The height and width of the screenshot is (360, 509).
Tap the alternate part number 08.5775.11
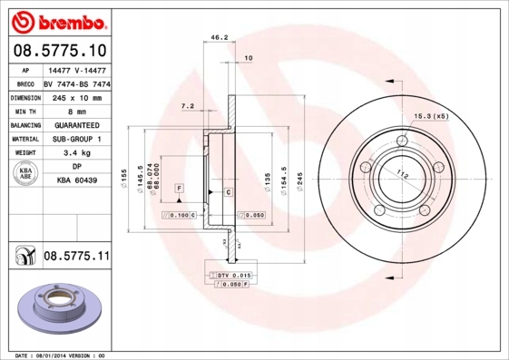76,258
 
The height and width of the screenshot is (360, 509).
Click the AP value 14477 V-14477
76,69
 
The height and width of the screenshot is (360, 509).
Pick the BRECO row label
25,83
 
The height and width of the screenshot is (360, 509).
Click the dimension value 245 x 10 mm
76,97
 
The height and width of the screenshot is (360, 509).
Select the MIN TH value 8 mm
76,111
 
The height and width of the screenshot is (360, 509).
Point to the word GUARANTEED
76,124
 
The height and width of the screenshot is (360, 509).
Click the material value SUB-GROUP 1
76,139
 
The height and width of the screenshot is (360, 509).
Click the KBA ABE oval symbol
25,174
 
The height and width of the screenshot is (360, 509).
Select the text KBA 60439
76,180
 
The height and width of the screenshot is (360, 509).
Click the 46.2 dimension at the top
219,38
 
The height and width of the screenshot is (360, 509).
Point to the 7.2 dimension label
188,106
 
